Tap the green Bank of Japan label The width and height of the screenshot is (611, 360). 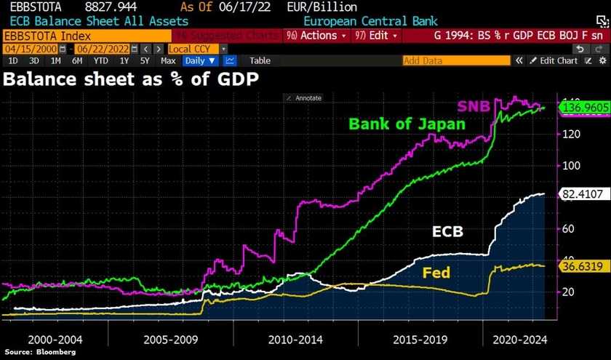coord(407,124)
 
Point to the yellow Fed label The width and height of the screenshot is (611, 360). coord(436,273)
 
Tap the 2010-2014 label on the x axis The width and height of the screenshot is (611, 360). coord(296,339)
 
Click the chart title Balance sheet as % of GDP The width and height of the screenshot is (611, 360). coord(131,79)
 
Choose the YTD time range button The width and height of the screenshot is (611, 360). coord(102,61)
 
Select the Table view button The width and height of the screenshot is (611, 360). coord(260,61)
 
